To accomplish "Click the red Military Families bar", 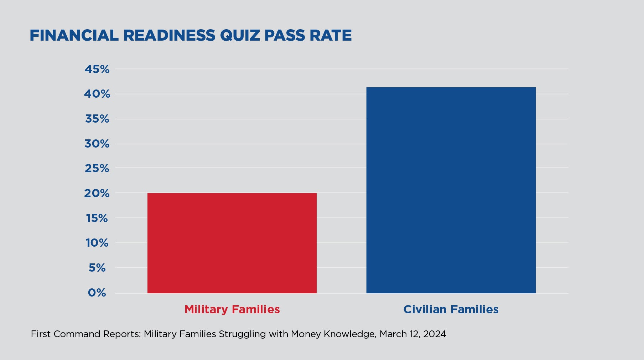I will pyautogui.click(x=232, y=243).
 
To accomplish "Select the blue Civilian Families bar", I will pyautogui.click(x=451, y=190).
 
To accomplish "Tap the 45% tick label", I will pyautogui.click(x=97, y=69).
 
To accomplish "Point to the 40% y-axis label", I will pyautogui.click(x=97, y=94).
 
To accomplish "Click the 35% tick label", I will pyautogui.click(x=97, y=119).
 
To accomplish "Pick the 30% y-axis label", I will pyautogui.click(x=97, y=144).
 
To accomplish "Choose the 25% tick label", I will pyautogui.click(x=97, y=168).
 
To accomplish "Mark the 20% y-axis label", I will pyautogui.click(x=97, y=193).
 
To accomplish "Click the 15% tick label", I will pyautogui.click(x=97, y=218).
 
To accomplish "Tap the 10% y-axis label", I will pyautogui.click(x=97, y=243).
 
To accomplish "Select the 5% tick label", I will pyautogui.click(x=97, y=268).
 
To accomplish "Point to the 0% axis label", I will pyautogui.click(x=97, y=293).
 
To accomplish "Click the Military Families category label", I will pyautogui.click(x=232, y=309).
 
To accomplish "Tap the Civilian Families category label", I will pyautogui.click(x=451, y=309).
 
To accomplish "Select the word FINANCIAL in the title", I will pyautogui.click(x=74, y=36).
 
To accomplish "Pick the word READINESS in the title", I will pyautogui.click(x=169, y=36).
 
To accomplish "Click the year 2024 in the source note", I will pyautogui.click(x=435, y=334).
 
